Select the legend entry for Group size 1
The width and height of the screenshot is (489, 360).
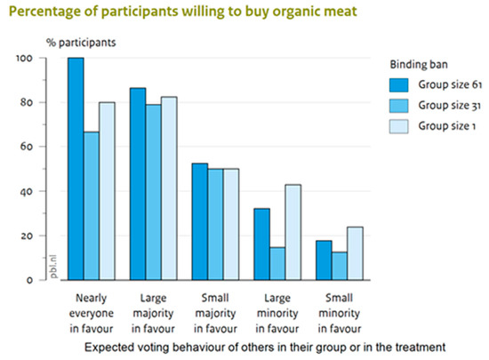444,127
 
